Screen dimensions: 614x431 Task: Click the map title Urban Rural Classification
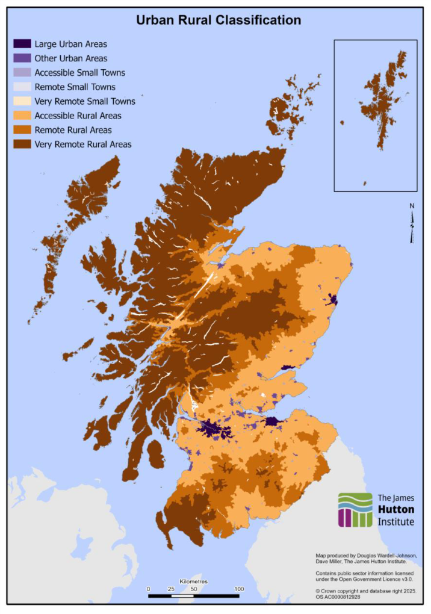click(x=218, y=20)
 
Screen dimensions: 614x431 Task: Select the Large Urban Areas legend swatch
click(x=22, y=44)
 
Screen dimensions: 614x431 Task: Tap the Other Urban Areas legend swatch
click(x=22, y=58)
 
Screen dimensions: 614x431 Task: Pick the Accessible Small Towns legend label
click(x=79, y=73)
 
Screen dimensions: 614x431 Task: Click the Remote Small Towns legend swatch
click(x=22, y=87)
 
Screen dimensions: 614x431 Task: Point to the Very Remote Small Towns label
click(x=85, y=101)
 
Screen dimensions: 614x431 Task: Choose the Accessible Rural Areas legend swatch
click(x=22, y=116)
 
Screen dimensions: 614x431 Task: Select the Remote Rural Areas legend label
click(x=73, y=130)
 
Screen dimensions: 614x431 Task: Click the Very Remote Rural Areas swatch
click(x=22, y=144)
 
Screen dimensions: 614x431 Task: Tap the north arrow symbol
click(x=412, y=223)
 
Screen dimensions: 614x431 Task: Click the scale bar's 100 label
click(x=239, y=588)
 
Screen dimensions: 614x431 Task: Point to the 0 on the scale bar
click(x=148, y=588)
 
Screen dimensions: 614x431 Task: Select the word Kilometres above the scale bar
click(x=193, y=581)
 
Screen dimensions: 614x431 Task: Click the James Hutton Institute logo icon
click(x=355, y=510)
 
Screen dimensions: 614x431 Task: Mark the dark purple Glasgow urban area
click(x=215, y=430)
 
